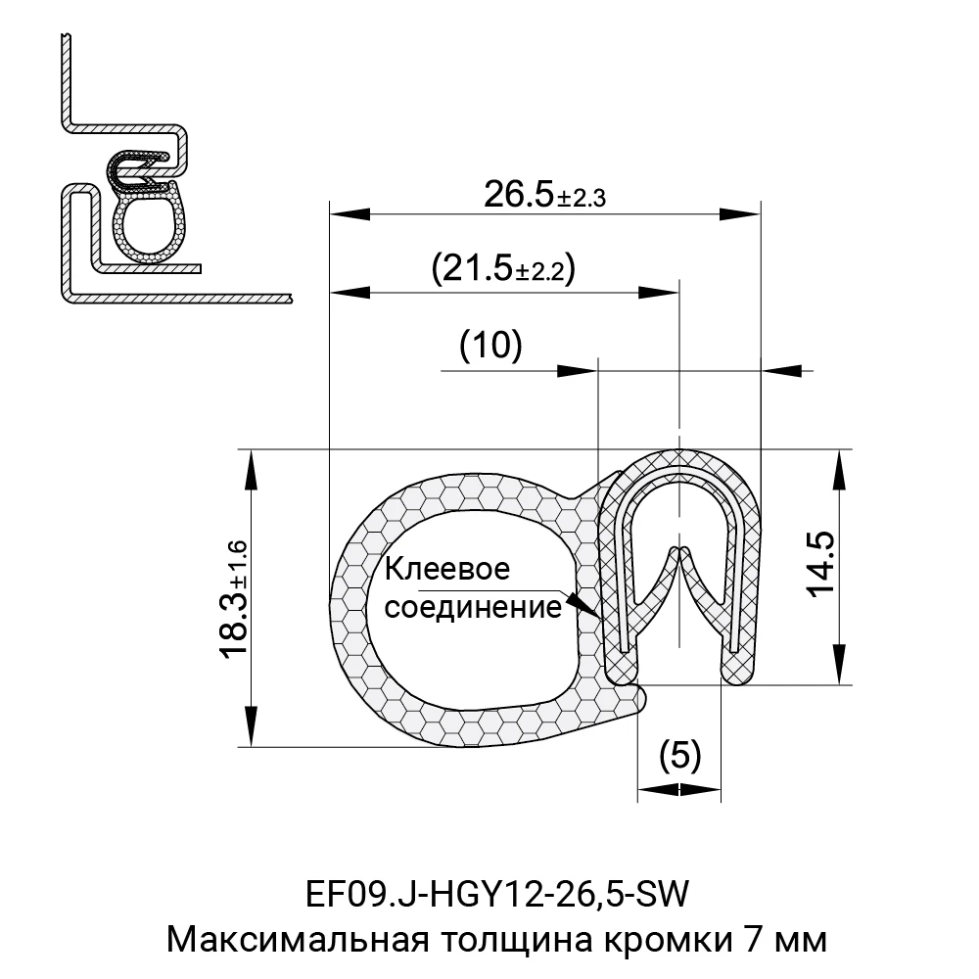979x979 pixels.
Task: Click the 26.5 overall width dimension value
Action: click(519, 195)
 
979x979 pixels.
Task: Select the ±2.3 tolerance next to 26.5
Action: click(582, 199)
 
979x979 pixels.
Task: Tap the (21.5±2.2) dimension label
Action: click(502, 267)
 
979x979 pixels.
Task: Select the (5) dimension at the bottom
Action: click(680, 755)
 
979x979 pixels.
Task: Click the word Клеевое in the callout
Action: click(447, 569)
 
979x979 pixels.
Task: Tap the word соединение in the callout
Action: click(473, 608)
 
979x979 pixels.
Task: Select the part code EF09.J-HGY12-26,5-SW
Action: click(498, 894)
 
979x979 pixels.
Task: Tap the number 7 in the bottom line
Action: click(752, 941)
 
